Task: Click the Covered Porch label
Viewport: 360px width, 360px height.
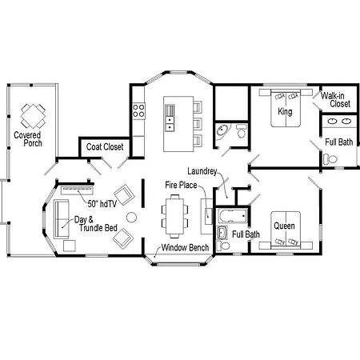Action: tap(28, 139)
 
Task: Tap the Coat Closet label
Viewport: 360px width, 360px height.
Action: tap(105, 146)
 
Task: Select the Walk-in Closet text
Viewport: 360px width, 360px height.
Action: tap(335, 99)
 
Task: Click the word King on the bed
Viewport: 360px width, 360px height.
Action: tap(285, 111)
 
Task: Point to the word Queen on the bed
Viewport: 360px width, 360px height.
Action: tap(284, 226)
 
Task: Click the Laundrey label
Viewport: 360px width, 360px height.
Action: tap(202, 171)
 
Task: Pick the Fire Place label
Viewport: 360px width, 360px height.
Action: tap(181, 185)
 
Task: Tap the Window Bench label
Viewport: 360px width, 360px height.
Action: tap(185, 247)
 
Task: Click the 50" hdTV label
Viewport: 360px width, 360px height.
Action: tap(102, 204)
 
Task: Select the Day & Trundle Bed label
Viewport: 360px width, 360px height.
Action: tap(96, 224)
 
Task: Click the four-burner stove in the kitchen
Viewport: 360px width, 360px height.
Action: tap(138, 110)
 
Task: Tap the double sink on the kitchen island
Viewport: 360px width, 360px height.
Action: tap(170, 124)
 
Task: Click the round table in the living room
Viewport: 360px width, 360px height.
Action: tap(131, 218)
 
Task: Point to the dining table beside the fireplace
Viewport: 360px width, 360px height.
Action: tap(174, 216)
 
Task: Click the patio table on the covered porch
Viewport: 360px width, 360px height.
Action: tap(34, 116)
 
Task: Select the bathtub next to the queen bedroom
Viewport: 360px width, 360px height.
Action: tap(233, 216)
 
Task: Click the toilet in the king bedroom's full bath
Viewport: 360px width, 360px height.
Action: tap(330, 159)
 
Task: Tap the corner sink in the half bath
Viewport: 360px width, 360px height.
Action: tap(222, 130)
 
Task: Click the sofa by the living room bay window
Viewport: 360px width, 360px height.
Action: tap(62, 219)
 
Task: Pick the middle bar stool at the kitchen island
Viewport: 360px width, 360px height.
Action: tap(198, 124)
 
